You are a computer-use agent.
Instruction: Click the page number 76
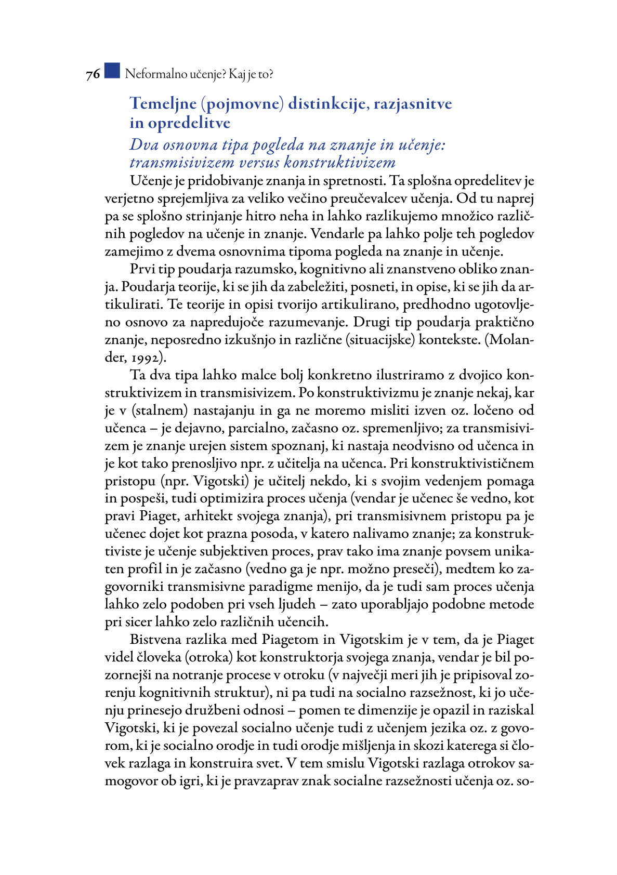tap(93, 75)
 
